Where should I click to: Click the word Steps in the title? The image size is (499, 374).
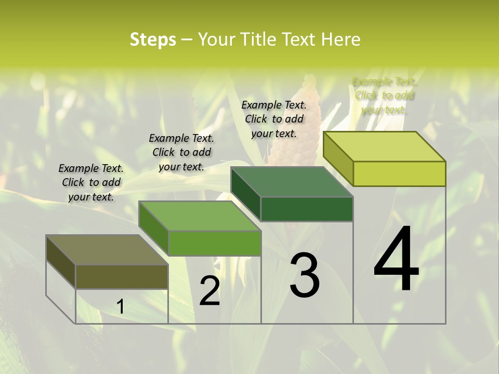[x=153, y=39]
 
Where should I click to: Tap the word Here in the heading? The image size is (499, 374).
[x=340, y=39]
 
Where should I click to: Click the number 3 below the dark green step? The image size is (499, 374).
[x=305, y=275]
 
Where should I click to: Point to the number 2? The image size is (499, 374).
[x=209, y=291]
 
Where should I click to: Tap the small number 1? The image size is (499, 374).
[x=121, y=307]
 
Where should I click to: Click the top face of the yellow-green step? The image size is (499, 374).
[x=385, y=146]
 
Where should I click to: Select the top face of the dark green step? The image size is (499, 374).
[x=292, y=182]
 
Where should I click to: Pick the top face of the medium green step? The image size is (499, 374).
[x=200, y=216]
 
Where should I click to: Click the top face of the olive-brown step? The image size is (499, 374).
[x=107, y=250]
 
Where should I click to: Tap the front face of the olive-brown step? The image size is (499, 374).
[x=122, y=276]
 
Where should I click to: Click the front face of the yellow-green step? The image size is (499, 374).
[x=399, y=173]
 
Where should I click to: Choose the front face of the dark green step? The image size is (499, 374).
[x=307, y=209]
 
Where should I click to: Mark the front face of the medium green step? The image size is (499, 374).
[x=214, y=243]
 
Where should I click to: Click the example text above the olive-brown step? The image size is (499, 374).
[x=91, y=182]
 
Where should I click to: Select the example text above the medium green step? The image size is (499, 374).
[x=181, y=152]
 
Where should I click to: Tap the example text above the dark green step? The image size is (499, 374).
[x=274, y=119]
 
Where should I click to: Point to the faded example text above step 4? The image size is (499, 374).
[x=384, y=96]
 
